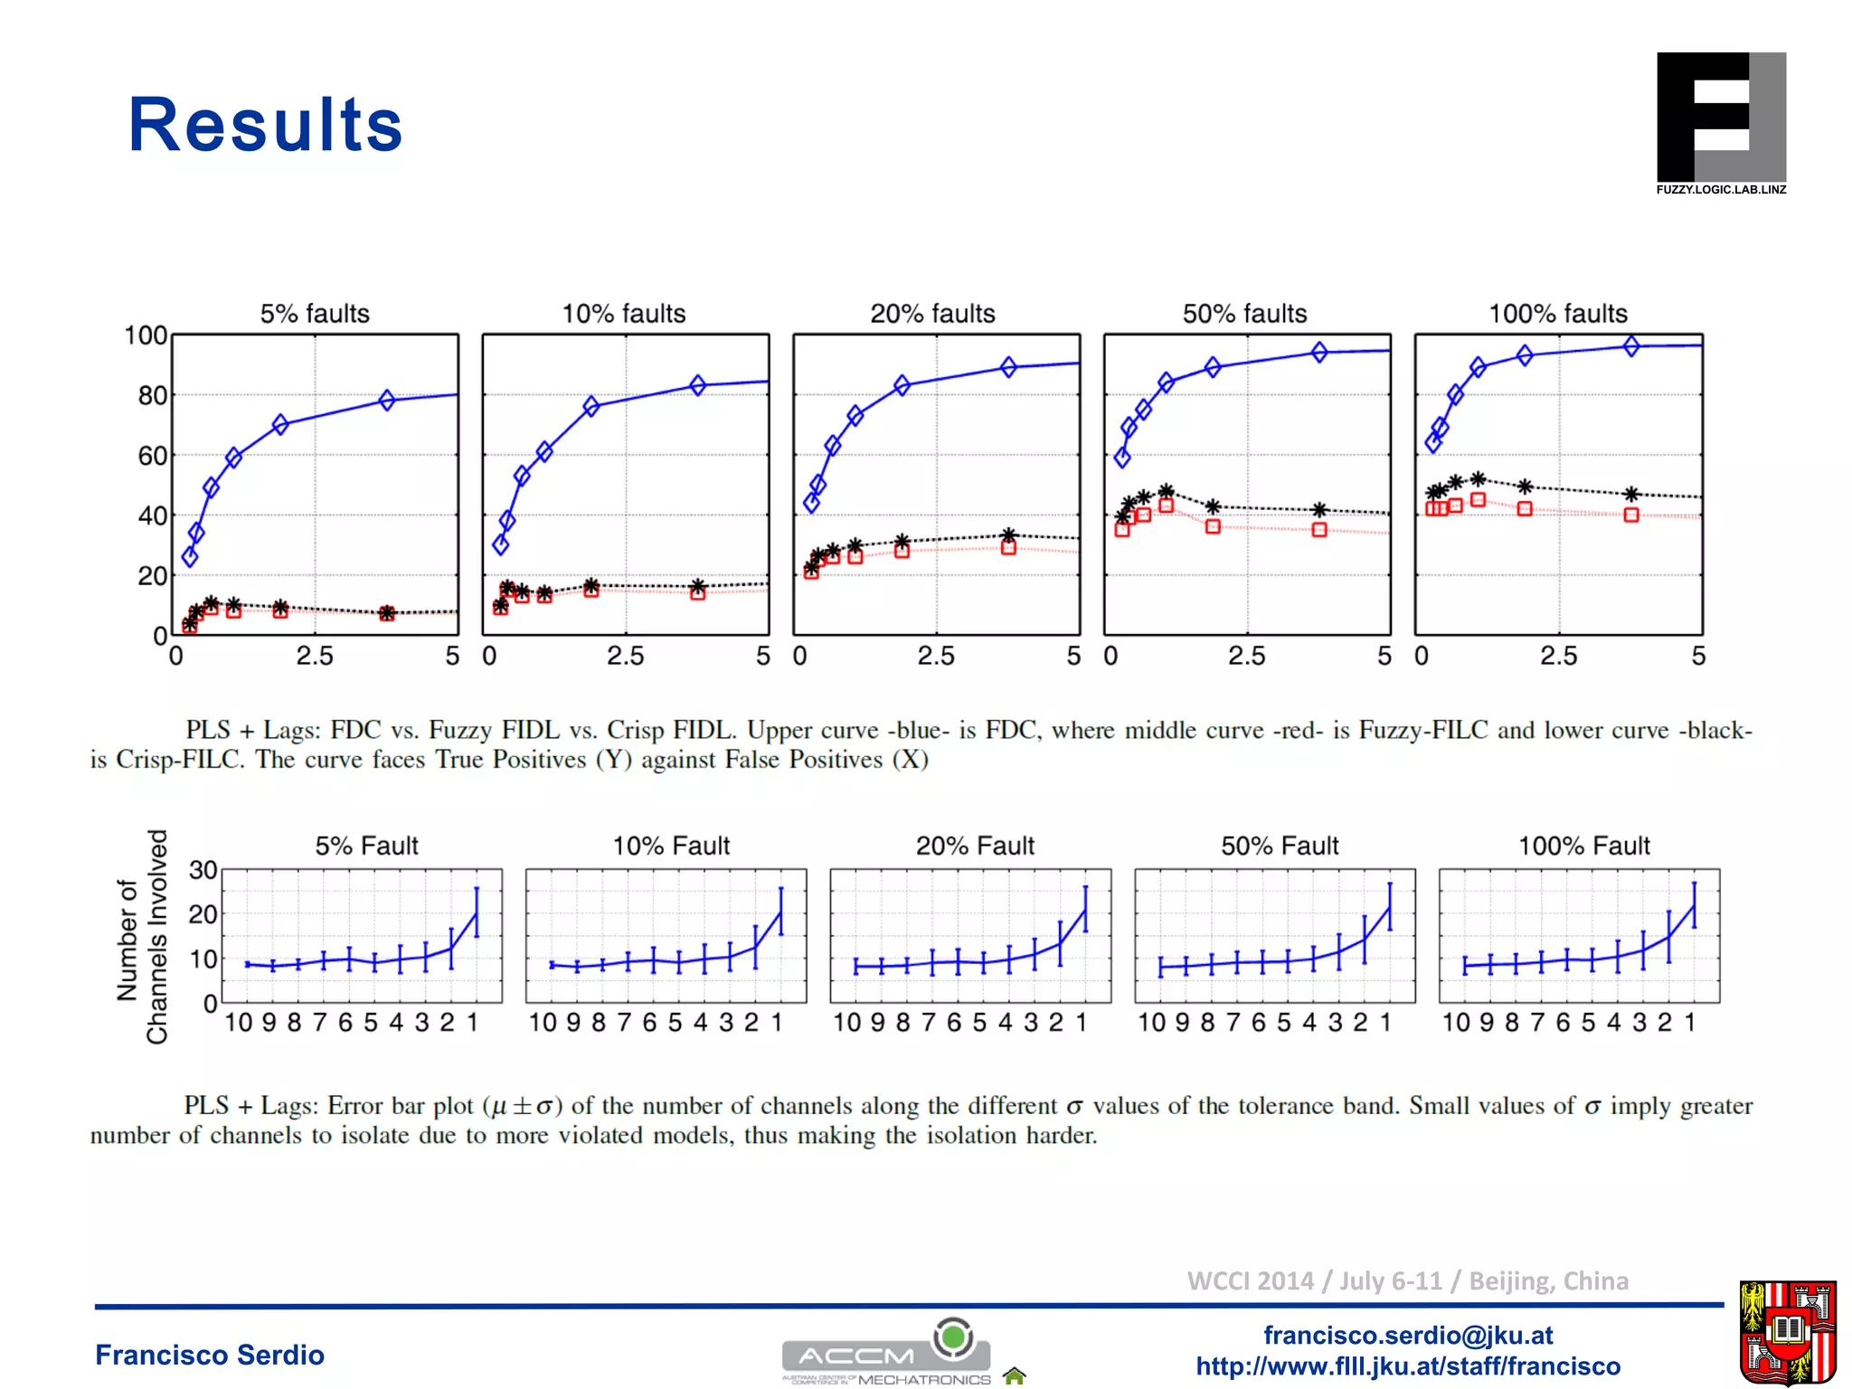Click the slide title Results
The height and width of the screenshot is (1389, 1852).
tap(265, 125)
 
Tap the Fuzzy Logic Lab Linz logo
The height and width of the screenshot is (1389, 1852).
tap(1720, 123)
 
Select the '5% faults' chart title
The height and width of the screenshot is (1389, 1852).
tap(315, 314)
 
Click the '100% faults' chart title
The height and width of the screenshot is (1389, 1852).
tap(1557, 314)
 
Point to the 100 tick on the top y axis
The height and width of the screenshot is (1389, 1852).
tap(145, 335)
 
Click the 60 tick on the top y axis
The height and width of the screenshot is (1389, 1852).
tap(152, 456)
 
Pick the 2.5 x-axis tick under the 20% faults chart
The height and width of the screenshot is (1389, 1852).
tap(935, 656)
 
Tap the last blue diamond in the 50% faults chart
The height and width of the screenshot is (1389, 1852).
tap(1319, 352)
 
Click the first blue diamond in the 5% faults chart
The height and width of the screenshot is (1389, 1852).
tap(190, 557)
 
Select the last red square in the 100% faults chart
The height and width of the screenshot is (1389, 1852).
tap(1630, 515)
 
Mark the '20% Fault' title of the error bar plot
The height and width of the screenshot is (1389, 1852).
tap(974, 846)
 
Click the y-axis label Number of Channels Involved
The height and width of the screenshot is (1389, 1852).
tap(143, 937)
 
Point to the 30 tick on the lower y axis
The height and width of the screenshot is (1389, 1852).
tap(203, 870)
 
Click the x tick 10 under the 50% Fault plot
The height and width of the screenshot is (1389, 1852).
tap(1151, 1023)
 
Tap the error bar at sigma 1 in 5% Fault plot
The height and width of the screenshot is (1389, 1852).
tap(477, 912)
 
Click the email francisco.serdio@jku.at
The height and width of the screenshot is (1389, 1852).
tap(1408, 1335)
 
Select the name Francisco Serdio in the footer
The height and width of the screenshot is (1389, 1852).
tap(210, 1355)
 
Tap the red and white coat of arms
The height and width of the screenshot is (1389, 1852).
tap(1786, 1332)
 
